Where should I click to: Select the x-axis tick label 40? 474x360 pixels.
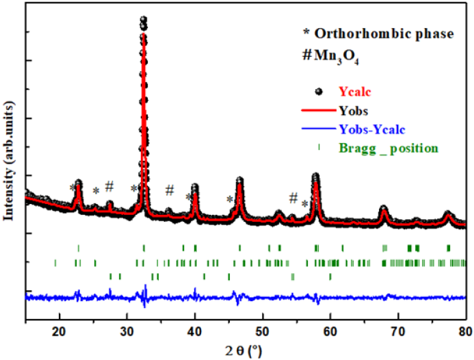point(195,334)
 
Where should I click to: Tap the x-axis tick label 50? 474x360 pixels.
point(263,334)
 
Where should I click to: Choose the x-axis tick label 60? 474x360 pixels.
point(330,334)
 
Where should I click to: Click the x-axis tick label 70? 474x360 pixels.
point(397,334)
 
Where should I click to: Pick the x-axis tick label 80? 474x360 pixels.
point(464,334)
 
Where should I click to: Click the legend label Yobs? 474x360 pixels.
point(354,110)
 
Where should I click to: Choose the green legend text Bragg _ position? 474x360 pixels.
point(388,147)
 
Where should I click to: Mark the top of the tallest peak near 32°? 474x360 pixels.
point(143,20)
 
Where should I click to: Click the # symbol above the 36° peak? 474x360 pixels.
point(170,190)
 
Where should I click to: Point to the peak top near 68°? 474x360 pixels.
point(384,207)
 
